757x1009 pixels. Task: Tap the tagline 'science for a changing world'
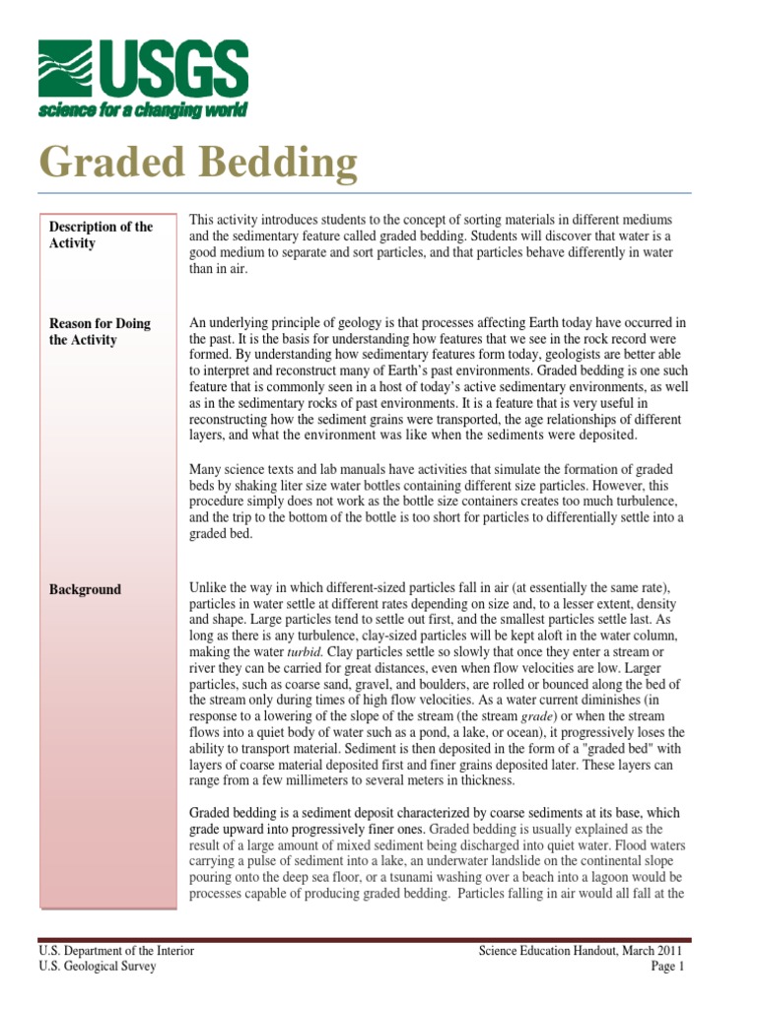(x=142, y=109)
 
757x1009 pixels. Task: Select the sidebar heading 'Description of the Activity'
(x=101, y=235)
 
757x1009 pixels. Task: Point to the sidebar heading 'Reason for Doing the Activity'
(x=100, y=332)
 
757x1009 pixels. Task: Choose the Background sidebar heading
(x=85, y=590)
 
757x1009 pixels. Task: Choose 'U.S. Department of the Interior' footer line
(x=116, y=951)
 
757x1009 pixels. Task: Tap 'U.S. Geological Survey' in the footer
(x=98, y=967)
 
